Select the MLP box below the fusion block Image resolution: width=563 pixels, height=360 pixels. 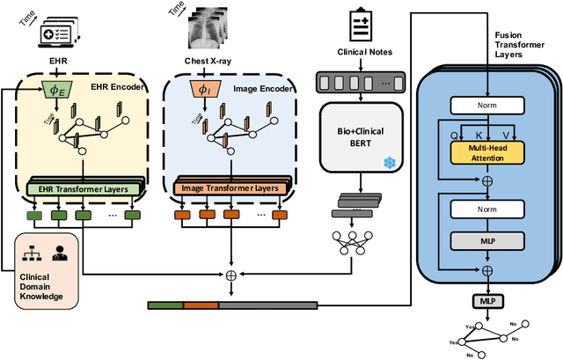pyautogui.click(x=486, y=301)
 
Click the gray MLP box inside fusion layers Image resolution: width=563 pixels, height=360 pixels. pyautogui.click(x=486, y=240)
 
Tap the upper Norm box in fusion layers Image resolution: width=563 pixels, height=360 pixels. pyautogui.click(x=486, y=106)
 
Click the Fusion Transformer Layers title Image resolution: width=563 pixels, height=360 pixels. pyautogui.click(x=515, y=44)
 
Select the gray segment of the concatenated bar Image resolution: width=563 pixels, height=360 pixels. pyautogui.click(x=267, y=305)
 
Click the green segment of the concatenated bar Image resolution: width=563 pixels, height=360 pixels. pyautogui.click(x=165, y=305)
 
